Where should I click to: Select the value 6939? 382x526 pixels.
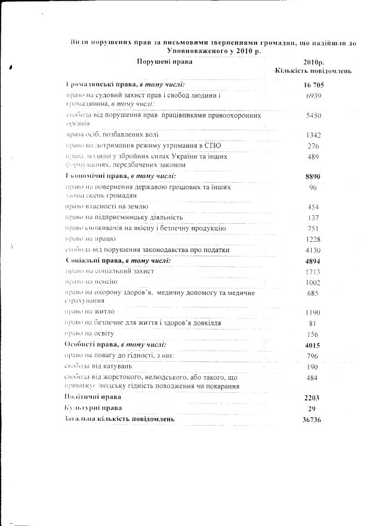click(313, 96)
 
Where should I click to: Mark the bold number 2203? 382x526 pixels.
click(313, 397)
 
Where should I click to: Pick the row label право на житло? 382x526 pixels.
click(90, 312)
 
